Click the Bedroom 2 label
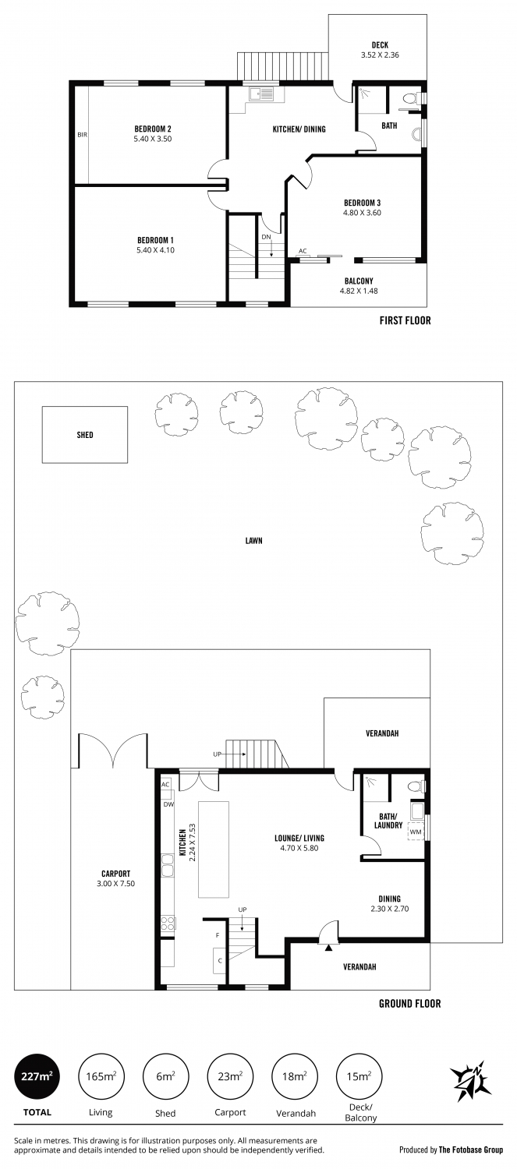(153, 129)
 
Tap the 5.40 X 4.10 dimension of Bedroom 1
(156, 250)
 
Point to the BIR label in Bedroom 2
(82, 135)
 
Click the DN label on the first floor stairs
(267, 236)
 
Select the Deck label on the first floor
(381, 45)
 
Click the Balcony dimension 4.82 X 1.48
(359, 291)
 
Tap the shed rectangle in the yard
(84, 435)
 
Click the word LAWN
(253, 541)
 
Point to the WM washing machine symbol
(416, 832)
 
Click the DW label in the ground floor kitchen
(168, 804)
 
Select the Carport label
(116, 873)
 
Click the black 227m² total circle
(37, 1076)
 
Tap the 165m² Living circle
(101, 1076)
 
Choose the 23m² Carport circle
(230, 1076)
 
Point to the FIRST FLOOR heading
(405, 320)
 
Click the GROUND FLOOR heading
(410, 1003)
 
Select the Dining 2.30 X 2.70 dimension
(390, 909)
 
